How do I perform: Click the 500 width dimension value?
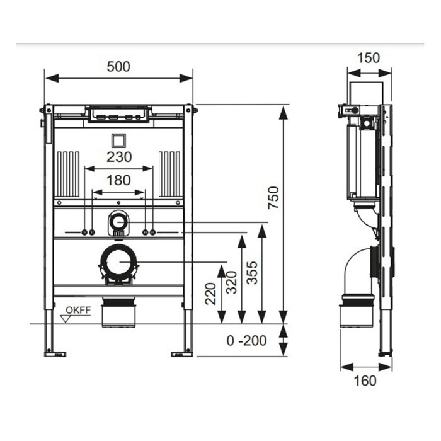118,67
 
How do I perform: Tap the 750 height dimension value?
273,197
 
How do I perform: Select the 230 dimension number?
119,157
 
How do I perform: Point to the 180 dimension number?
118,180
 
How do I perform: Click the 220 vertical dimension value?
210,294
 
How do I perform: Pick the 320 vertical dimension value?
231,282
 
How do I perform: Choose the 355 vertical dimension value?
252,273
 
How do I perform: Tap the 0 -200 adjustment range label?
247,341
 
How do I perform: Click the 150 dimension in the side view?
368,58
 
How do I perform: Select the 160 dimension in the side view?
365,381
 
